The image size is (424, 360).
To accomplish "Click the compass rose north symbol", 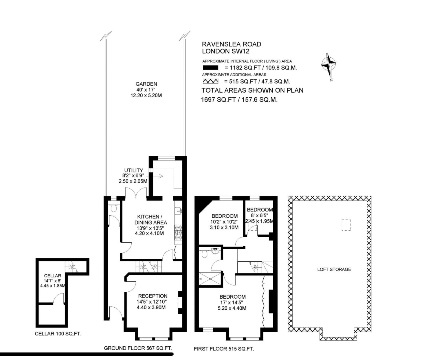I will coord(329,64).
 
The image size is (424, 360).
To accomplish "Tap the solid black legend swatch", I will coord(210,68).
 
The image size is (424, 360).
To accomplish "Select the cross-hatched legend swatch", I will coord(210,82).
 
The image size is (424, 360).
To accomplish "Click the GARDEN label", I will coord(146,84).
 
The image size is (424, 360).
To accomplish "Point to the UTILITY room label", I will coord(133,170).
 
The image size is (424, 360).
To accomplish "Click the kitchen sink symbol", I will coord(178,211).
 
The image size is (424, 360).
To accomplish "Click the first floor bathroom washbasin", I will coord(215,250).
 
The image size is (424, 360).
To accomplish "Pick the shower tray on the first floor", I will coord(210,278).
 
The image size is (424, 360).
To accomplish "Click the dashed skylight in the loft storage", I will coord(346,225).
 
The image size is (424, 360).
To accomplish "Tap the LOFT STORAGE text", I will coord(334,269).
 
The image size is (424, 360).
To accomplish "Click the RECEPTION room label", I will coord(153,296).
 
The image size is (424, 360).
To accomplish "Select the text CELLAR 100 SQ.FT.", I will coord(58,334).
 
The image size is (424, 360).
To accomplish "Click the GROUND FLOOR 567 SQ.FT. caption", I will coord(136,348).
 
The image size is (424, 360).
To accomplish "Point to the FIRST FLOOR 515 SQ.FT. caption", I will coord(224,349).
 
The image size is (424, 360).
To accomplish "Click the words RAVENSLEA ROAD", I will coord(231,44).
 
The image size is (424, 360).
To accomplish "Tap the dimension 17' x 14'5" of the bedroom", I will coord(233,303).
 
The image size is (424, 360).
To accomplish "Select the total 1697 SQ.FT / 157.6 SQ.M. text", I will coord(239,100).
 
